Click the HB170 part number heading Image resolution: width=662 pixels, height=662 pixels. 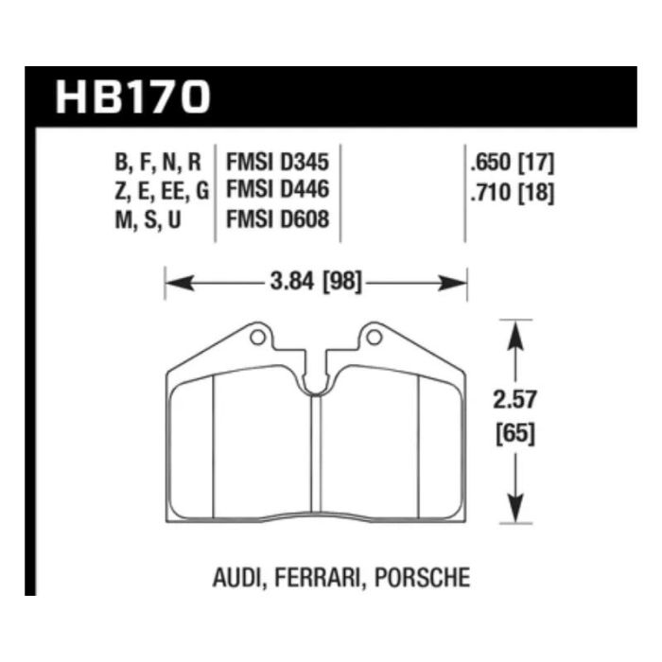click(x=132, y=97)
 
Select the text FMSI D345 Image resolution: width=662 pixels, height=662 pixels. click(x=277, y=163)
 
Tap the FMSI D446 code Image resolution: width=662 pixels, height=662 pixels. click(x=277, y=189)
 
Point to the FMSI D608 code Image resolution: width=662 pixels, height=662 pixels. click(x=277, y=219)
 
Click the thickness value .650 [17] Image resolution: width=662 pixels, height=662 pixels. click(x=513, y=163)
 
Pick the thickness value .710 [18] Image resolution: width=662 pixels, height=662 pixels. click(x=513, y=193)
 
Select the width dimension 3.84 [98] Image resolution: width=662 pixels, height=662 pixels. click(x=316, y=282)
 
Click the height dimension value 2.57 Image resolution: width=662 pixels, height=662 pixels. click(x=515, y=399)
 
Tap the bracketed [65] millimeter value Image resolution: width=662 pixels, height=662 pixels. click(x=515, y=433)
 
